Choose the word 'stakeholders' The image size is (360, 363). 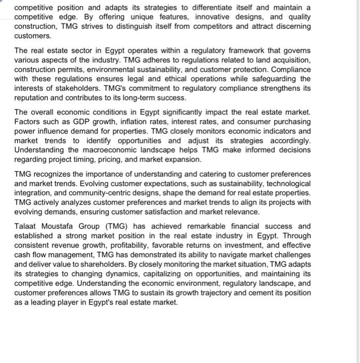[x=76, y=88]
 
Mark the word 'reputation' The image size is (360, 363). [x=33, y=97]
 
